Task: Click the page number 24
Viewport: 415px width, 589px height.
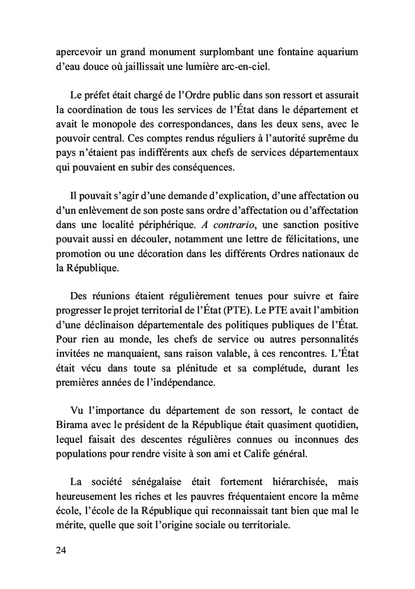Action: (x=61, y=550)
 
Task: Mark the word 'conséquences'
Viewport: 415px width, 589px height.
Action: (x=200, y=167)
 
